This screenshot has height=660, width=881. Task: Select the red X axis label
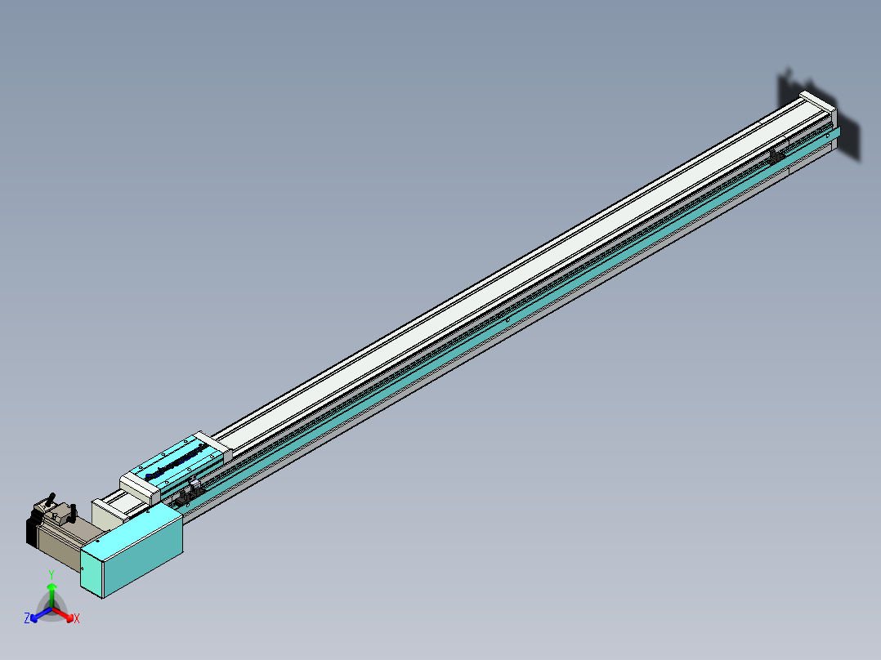point(77,619)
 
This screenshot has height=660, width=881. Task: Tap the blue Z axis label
point(27,619)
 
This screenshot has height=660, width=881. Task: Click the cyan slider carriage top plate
point(176,462)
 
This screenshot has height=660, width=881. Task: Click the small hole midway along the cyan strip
point(508,321)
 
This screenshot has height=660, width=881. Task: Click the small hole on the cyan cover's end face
point(83,567)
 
